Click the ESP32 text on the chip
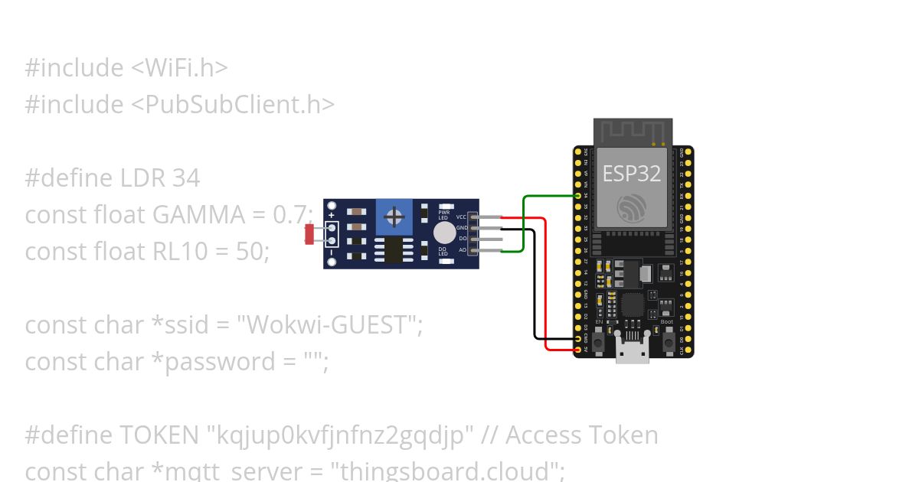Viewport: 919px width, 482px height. (x=632, y=173)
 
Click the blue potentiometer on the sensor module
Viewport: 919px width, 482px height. (x=394, y=218)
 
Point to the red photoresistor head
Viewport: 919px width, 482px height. (x=309, y=234)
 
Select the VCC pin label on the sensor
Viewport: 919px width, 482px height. (x=461, y=217)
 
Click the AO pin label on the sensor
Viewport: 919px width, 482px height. (x=462, y=249)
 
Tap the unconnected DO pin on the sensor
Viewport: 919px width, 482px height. (x=490, y=239)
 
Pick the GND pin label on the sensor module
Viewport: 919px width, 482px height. (x=461, y=227)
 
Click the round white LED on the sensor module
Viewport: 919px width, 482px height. (x=443, y=233)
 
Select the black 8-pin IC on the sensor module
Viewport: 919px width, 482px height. (x=394, y=249)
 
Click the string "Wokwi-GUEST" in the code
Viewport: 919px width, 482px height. (x=327, y=325)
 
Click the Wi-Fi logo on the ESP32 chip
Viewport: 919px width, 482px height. (x=632, y=207)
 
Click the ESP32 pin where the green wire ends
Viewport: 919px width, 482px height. (x=579, y=196)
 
